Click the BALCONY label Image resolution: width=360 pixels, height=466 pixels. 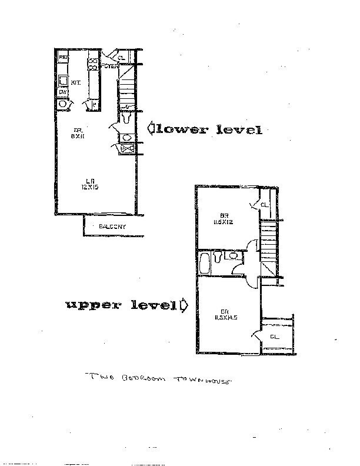tap(112, 227)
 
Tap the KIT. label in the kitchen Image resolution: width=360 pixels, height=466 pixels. tap(75, 83)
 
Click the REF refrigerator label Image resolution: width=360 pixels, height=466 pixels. tap(64, 58)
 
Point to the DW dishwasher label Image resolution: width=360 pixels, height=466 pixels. tap(62, 92)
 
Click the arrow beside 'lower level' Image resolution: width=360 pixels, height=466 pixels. tap(151, 128)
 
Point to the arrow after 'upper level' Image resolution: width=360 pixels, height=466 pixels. tap(185, 305)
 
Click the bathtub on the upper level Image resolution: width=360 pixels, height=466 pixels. tap(204, 263)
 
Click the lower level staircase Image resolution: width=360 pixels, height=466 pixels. tap(128, 88)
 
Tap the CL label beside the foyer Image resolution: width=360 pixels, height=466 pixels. tap(121, 58)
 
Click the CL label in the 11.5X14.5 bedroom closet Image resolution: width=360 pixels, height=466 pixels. tap(274, 337)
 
